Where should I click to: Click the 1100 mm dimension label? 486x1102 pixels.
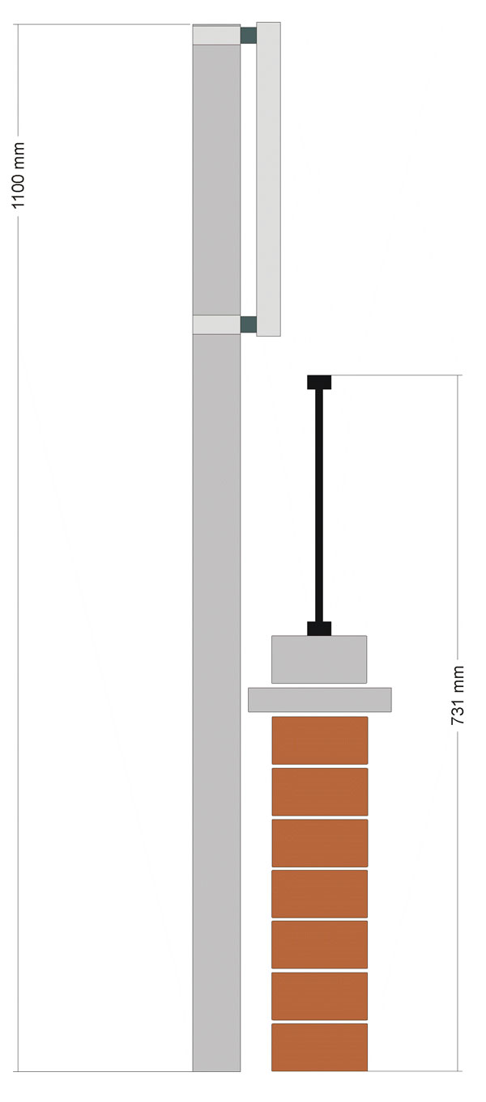(18, 176)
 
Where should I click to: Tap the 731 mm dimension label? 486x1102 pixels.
(458, 695)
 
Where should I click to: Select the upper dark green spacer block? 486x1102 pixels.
(249, 36)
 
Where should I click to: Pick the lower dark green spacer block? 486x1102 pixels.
(249, 324)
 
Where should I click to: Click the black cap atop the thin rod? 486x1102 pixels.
(319, 382)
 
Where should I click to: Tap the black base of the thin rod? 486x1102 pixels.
(319, 629)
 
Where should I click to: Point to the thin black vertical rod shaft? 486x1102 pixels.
(319, 505)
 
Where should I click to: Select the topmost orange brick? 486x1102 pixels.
(320, 740)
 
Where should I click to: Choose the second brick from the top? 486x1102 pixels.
(320, 791)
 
